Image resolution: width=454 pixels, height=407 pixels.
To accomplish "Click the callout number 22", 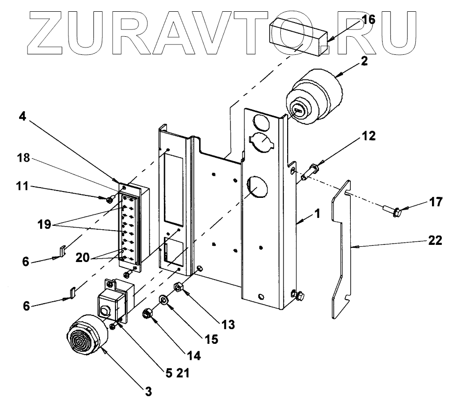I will click(x=434, y=240).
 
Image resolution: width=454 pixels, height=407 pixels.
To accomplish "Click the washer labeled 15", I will click(x=165, y=299).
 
